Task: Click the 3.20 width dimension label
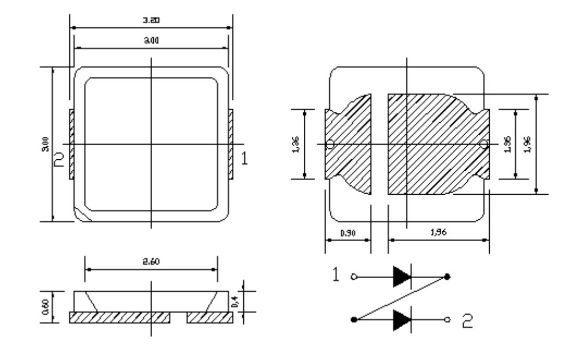pyautogui.click(x=151, y=20)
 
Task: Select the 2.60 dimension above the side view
pyautogui.click(x=151, y=260)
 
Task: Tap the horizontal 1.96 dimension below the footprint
pyautogui.click(x=438, y=233)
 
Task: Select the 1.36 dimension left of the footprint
pyautogui.click(x=295, y=143)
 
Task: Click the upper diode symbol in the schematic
pyautogui.click(x=401, y=277)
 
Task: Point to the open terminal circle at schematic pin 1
pyautogui.click(x=354, y=277)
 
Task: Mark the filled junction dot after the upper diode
pyautogui.click(x=447, y=277)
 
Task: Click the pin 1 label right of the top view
pyautogui.click(x=245, y=159)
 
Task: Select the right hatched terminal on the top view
pyautogui.click(x=231, y=144)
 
